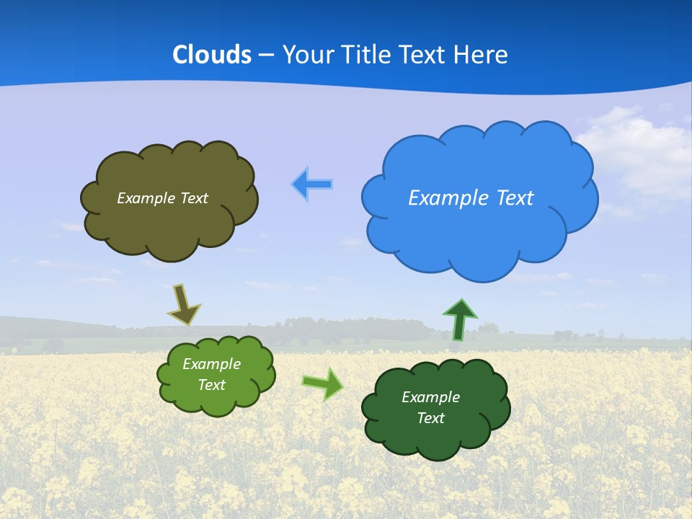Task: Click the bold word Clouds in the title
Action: pyautogui.click(x=211, y=54)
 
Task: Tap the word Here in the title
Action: pyautogui.click(x=482, y=54)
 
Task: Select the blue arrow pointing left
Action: pyautogui.click(x=311, y=185)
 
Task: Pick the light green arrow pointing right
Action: pyautogui.click(x=323, y=383)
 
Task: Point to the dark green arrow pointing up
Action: pyautogui.click(x=460, y=319)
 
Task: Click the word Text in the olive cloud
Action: pyautogui.click(x=194, y=198)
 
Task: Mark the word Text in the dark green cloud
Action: pyautogui.click(x=430, y=418)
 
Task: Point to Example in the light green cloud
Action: pyautogui.click(x=211, y=364)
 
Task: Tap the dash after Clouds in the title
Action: pyautogui.click(x=266, y=55)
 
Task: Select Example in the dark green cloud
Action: pyautogui.click(x=430, y=397)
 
